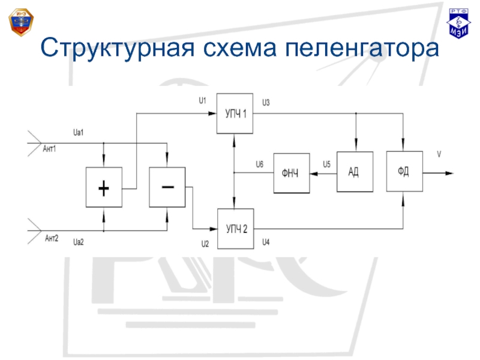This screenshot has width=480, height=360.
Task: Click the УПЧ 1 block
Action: pyautogui.click(x=235, y=114)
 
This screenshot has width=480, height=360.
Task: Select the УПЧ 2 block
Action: pyautogui.click(x=235, y=229)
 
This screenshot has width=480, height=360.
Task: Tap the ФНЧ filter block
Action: pyautogui.click(x=292, y=173)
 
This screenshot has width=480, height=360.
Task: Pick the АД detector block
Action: pyautogui.click(x=355, y=171)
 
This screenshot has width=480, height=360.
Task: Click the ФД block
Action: pyautogui.click(x=404, y=170)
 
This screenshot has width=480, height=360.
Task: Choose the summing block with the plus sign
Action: pyautogui.click(x=104, y=188)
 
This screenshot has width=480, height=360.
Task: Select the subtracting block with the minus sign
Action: pyautogui.click(x=167, y=188)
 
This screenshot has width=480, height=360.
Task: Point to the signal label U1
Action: pyautogui.click(x=202, y=100)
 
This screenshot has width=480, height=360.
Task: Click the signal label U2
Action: pyautogui.click(x=205, y=244)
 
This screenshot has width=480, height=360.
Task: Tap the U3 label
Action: pyautogui.click(x=266, y=101)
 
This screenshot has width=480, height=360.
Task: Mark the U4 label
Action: pyautogui.click(x=266, y=242)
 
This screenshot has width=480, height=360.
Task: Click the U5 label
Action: pyautogui.click(x=326, y=164)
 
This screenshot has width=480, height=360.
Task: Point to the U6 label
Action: pyautogui.click(x=259, y=164)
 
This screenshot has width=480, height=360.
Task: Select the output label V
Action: pyautogui.click(x=439, y=154)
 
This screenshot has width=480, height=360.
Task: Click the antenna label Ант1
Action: pyautogui.click(x=50, y=149)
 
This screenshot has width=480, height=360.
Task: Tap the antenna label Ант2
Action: pyautogui.click(x=52, y=239)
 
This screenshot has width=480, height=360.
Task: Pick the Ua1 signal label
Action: pyautogui.click(x=77, y=132)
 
